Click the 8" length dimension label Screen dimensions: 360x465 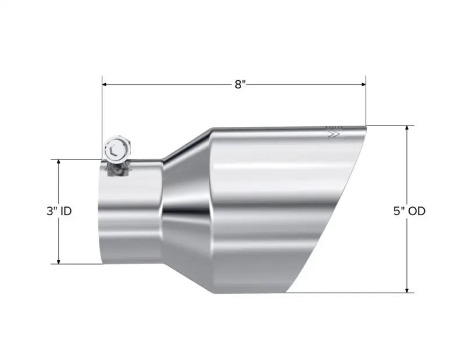point(240,84)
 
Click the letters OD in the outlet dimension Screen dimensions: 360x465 point(417,211)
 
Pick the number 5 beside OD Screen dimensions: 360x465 point(398,211)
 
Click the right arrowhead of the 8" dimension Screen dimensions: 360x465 point(363,84)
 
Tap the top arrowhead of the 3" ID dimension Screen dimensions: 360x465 point(59,163)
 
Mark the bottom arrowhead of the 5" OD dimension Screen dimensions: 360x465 point(407,289)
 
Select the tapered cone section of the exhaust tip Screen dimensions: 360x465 point(186,204)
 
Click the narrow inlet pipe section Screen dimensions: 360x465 point(131,215)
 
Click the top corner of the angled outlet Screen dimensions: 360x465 point(366,126)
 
